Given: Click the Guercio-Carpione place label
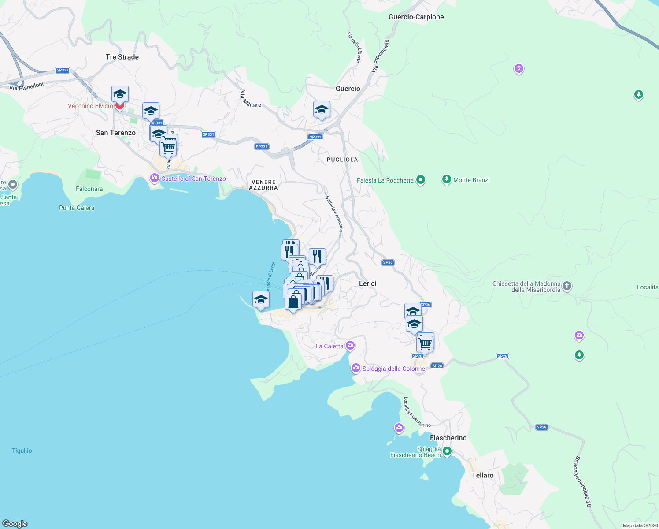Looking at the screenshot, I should pos(416,17).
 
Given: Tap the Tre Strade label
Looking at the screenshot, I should pos(122,57).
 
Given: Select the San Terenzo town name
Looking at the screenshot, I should pos(116,133).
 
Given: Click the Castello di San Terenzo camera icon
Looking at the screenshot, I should pos(154,179).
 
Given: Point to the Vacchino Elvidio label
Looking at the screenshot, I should pos(90,106).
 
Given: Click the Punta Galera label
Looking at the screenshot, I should pos(77,208).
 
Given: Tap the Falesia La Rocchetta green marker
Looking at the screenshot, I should pos(421,180).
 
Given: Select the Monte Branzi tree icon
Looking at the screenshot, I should pos(447,179).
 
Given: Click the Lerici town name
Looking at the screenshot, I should pos(367,284).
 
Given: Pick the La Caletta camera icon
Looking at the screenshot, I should pos(350,345).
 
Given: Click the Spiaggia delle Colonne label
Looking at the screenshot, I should pos(393,369).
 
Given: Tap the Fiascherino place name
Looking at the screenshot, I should pos(448,438).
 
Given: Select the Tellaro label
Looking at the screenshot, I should pos(482,476).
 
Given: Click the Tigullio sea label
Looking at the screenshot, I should pos(22,451).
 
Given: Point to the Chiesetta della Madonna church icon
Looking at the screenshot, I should pos(567,286).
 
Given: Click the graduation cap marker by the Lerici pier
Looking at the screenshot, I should pos(261,300).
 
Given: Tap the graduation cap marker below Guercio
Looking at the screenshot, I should pos(322,109).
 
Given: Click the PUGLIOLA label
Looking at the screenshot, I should pos(342,160).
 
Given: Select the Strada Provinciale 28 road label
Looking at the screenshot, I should pos(582,481).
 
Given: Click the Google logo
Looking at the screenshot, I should pos(15,524).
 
